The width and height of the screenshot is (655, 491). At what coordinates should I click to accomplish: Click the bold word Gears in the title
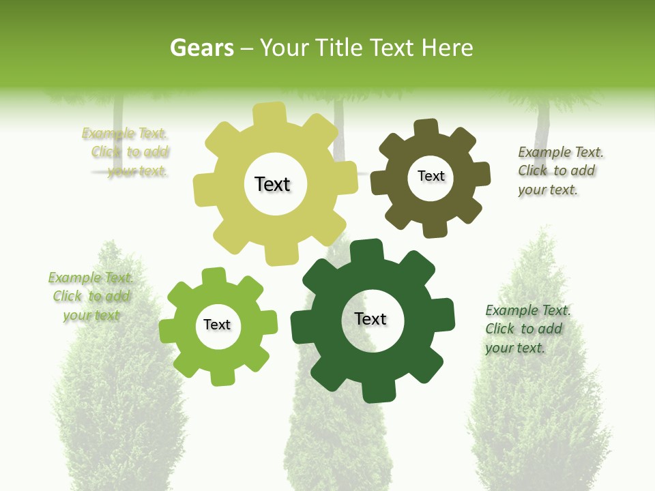(201, 48)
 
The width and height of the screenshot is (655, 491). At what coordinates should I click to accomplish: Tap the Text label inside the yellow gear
(272, 184)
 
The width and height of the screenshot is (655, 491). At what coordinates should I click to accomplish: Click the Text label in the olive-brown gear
(431, 176)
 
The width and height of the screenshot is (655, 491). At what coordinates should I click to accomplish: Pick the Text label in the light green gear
(217, 325)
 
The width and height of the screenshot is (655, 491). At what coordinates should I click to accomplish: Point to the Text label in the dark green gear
(370, 319)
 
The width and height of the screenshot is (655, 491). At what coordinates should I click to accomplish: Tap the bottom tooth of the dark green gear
(378, 391)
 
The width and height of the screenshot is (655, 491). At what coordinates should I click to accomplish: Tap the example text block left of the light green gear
(91, 296)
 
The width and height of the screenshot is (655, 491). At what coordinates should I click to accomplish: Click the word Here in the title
(448, 48)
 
